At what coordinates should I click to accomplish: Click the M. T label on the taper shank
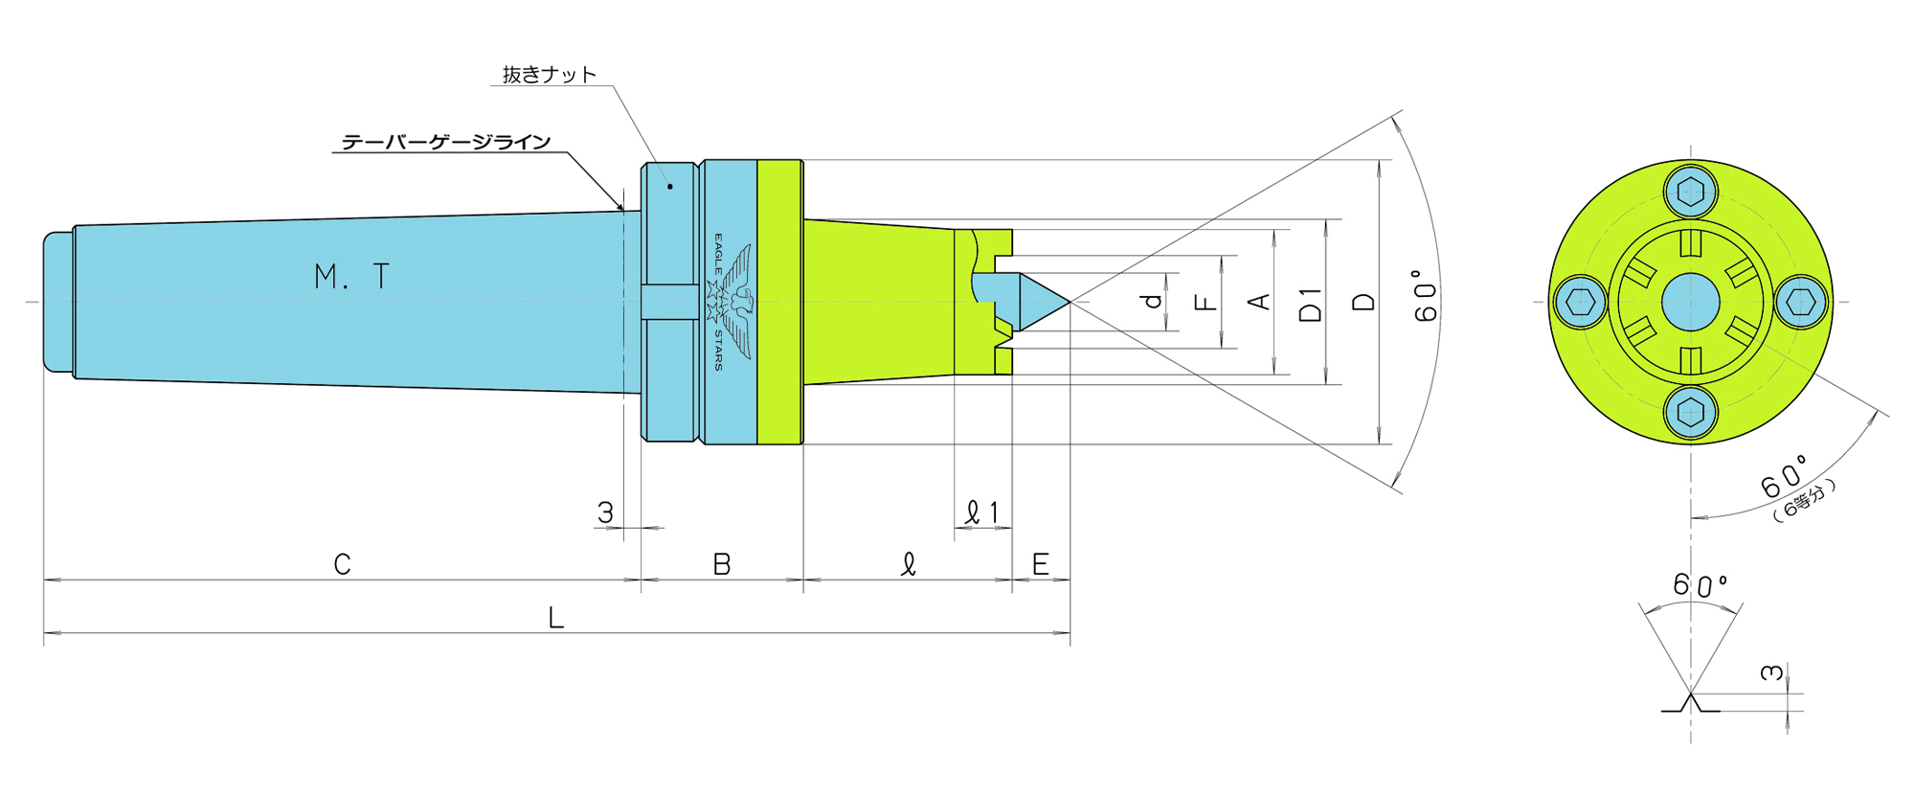pyautogui.click(x=351, y=277)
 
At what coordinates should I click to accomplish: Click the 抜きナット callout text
pyautogui.click(x=549, y=75)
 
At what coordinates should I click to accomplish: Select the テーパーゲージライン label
pyautogui.click(x=446, y=143)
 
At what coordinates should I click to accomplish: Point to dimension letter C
pyautogui.click(x=342, y=564)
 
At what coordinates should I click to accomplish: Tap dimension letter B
pyautogui.click(x=722, y=565)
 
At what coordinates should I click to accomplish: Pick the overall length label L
pyautogui.click(x=555, y=618)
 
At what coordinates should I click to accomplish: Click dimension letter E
pyautogui.click(x=1040, y=565)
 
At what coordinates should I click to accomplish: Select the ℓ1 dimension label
pyautogui.click(x=982, y=513)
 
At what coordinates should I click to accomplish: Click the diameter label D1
pyautogui.click(x=1310, y=304)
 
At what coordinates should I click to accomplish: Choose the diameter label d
pyautogui.click(x=1154, y=301)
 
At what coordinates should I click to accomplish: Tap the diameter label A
pyautogui.click(x=1260, y=302)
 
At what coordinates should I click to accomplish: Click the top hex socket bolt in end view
pyautogui.click(x=1691, y=191)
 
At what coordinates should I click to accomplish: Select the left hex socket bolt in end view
pyautogui.click(x=1580, y=302)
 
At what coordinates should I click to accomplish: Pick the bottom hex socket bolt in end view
pyautogui.click(x=1691, y=413)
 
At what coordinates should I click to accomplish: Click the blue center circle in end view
pyautogui.click(x=1691, y=302)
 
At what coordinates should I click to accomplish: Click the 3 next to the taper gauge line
pyautogui.click(x=605, y=512)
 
